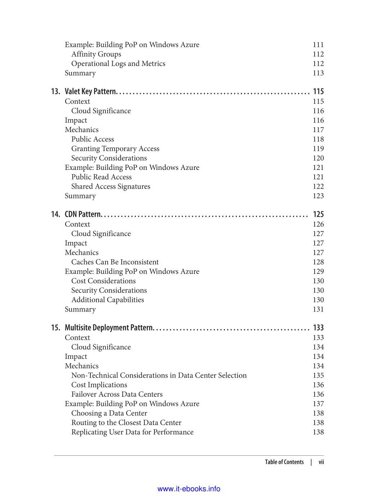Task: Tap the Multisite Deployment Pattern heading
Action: click(109, 328)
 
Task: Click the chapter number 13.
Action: click(55, 91)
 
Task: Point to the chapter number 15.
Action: click(55, 328)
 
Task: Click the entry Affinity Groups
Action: click(96, 54)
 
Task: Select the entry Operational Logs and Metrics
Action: click(118, 63)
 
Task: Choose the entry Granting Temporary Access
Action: click(115, 149)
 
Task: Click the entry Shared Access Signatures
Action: click(111, 186)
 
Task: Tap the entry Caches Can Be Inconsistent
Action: click(115, 262)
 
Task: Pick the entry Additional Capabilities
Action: click(108, 300)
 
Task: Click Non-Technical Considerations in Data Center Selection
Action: click(159, 375)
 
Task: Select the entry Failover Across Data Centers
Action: click(117, 394)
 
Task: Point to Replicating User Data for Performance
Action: click(132, 432)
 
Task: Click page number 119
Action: click(318, 149)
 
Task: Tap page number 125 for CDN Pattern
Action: click(318, 214)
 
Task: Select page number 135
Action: click(318, 375)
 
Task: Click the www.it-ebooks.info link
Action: click(189, 489)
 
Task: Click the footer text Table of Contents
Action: click(284, 462)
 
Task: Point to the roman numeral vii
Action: click(321, 462)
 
